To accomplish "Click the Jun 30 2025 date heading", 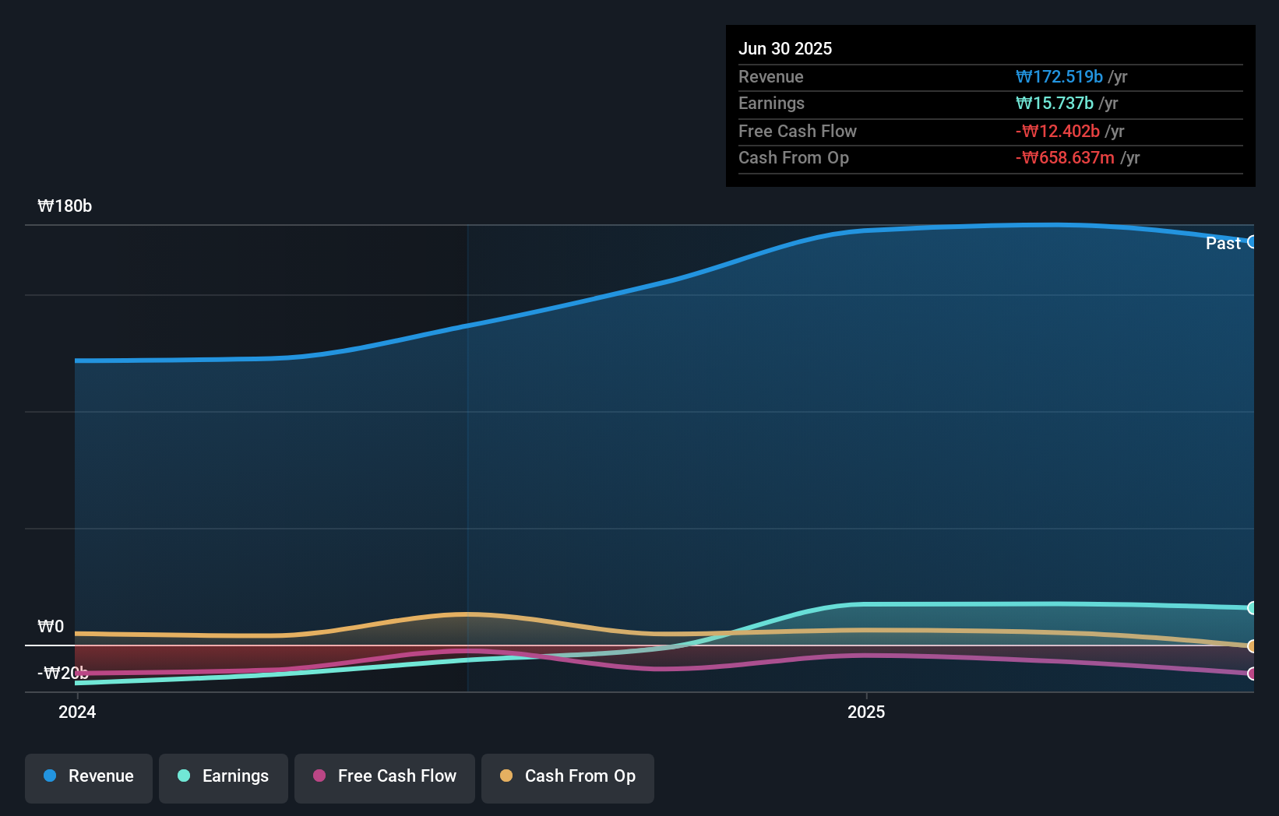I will (784, 48).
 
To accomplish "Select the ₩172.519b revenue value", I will (1059, 76).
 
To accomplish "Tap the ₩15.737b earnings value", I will (1054, 103).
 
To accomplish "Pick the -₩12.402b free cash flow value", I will (1057, 131).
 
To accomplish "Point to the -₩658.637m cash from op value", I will (1065, 157).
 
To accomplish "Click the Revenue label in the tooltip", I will (770, 76).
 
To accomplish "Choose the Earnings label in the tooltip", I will (771, 103).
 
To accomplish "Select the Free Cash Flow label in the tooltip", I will (797, 131).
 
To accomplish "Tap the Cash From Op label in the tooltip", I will (793, 157).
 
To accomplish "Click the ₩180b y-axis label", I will (65, 206).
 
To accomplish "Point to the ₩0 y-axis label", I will (51, 626).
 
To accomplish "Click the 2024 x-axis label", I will (77, 712).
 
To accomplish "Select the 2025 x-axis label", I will (865, 712).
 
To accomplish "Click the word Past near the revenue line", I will (1222, 243).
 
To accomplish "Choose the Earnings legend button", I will (224, 776).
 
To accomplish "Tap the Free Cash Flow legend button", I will (385, 776).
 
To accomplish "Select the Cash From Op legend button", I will (568, 776).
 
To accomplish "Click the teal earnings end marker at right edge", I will (1252, 607).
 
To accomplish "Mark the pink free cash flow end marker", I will (1252, 674).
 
